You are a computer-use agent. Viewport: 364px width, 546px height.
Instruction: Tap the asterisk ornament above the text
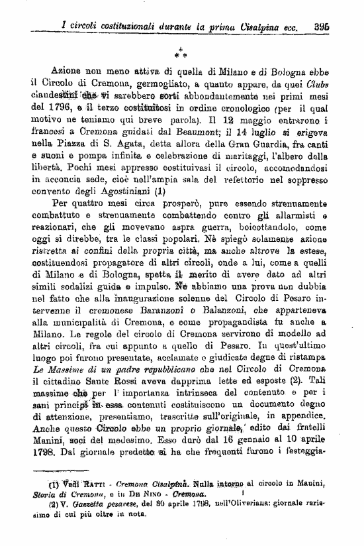pos(180,50)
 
